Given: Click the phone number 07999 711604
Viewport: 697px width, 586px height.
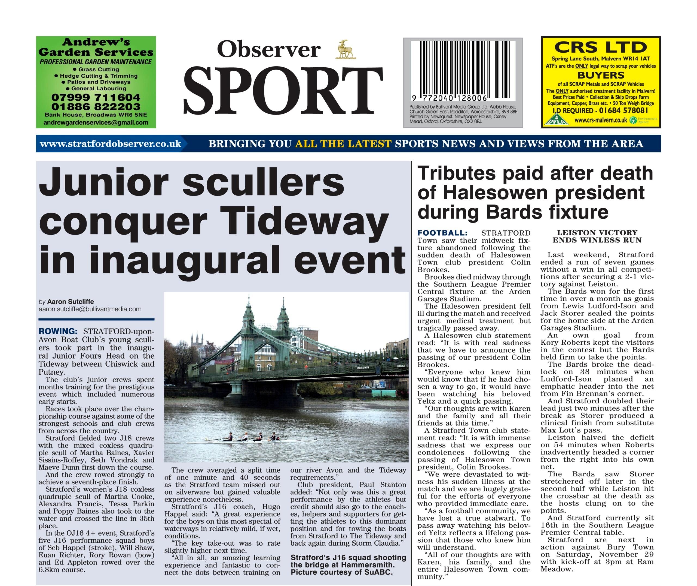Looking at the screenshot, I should pos(96,97).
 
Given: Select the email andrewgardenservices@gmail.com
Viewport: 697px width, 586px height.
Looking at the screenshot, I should pos(96,122).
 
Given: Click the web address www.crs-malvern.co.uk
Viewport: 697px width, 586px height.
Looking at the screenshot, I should pos(600,120).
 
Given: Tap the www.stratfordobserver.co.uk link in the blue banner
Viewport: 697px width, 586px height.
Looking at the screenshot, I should pos(111,144).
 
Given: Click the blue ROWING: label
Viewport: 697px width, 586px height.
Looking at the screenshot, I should pos(58,331).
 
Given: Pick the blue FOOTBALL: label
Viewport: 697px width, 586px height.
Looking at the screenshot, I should pos(442,233).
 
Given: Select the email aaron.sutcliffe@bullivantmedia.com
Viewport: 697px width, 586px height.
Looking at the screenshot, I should pos(90,309).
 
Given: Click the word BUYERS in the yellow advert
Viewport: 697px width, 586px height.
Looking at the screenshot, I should pos(601,75).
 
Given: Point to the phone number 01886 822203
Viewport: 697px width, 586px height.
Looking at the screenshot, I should pos(96,106).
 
